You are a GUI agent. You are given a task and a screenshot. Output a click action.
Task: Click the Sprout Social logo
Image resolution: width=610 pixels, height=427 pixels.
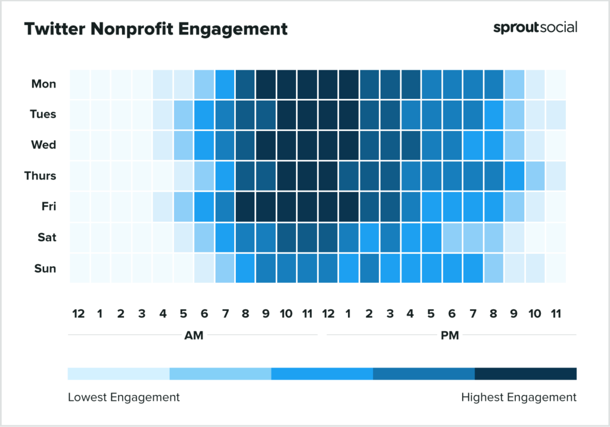tap(535, 27)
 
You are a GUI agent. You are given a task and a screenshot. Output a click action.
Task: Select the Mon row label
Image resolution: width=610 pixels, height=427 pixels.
tap(44, 84)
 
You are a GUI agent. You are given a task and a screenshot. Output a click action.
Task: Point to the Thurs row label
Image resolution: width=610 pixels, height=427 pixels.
tap(41, 176)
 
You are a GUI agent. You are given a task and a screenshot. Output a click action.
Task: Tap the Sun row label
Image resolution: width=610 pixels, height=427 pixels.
tap(45, 268)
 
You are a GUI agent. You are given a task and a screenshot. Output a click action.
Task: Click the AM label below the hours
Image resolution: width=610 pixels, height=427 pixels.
tap(194, 335)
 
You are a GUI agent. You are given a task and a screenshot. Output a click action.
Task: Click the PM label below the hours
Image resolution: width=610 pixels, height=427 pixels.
tap(450, 335)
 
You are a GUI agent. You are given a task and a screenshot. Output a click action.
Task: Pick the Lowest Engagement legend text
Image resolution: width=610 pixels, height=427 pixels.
tap(123, 397)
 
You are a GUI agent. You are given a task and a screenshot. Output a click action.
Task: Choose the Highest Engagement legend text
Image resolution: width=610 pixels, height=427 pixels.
tap(519, 397)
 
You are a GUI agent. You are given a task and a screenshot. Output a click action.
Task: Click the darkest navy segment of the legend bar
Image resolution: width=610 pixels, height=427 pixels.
tap(525, 373)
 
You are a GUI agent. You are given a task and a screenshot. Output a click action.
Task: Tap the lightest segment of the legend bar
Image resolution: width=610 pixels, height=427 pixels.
tap(119, 373)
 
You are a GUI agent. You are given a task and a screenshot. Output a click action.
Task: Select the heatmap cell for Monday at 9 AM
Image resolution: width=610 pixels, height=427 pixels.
tap(265, 84)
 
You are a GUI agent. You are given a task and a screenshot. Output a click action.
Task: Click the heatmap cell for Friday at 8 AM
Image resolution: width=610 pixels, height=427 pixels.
tap(245, 207)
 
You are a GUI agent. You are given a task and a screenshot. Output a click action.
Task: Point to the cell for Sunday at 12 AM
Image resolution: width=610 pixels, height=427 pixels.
tap(79, 268)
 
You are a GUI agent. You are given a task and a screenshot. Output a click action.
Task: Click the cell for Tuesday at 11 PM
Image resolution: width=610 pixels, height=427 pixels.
tap(555, 114)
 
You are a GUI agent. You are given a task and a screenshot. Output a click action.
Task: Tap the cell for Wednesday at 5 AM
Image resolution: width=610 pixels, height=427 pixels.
tap(183, 145)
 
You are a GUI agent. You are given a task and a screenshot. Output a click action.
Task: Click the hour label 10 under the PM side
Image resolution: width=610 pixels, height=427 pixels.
tap(534, 313)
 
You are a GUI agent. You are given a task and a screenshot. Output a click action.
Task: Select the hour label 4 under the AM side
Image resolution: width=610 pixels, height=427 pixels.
tap(162, 313)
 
